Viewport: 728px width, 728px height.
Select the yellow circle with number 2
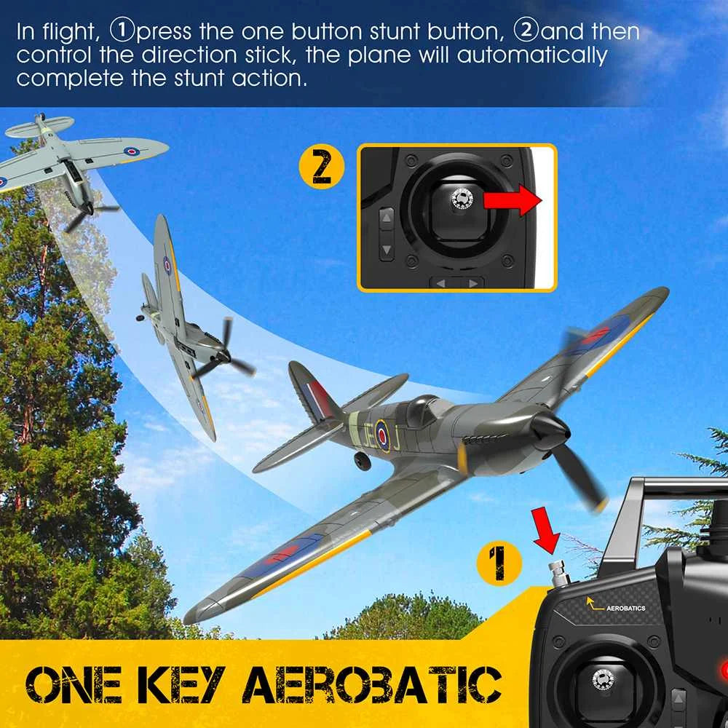click(321, 167)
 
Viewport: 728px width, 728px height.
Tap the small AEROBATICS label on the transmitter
click(625, 608)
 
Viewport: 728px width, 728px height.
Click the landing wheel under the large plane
click(362, 461)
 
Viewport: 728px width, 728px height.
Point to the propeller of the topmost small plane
click(88, 212)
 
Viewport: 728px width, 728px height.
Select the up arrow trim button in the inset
click(387, 218)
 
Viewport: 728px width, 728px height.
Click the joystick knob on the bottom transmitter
click(604, 678)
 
